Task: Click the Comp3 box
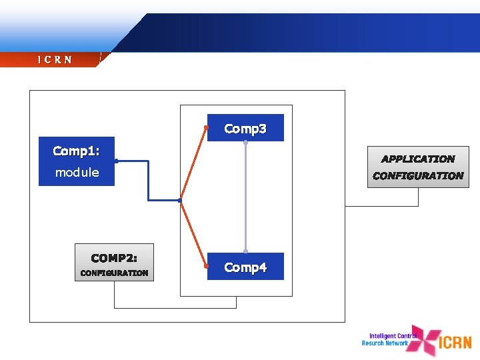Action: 245,128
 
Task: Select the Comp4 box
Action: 245,267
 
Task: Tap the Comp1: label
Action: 76,151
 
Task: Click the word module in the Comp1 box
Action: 77,173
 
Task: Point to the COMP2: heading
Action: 114,257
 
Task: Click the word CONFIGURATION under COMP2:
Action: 114,273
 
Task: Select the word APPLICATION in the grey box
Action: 418,159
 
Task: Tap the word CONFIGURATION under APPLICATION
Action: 418,176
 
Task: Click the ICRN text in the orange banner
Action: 55,60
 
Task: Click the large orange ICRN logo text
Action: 456,343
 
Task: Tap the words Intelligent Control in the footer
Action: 393,336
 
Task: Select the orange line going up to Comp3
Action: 194,163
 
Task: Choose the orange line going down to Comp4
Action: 194,233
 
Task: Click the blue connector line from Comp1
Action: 148,180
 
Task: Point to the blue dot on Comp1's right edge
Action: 116,161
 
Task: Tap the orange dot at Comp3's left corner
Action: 207,127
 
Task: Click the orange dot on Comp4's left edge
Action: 207,266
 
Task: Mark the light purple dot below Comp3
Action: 245,142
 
